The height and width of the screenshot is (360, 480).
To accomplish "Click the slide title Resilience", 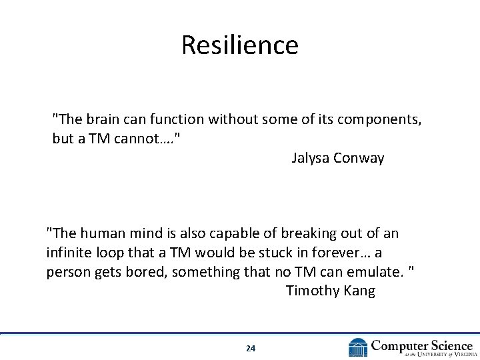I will click(x=239, y=45).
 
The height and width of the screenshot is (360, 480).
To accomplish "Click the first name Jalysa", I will click(x=310, y=159).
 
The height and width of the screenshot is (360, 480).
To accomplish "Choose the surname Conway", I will click(x=359, y=159).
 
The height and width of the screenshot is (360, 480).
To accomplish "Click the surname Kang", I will click(x=359, y=291).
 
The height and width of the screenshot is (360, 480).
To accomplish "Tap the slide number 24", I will click(x=250, y=348).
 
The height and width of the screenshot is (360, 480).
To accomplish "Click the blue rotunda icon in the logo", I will click(x=358, y=347).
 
